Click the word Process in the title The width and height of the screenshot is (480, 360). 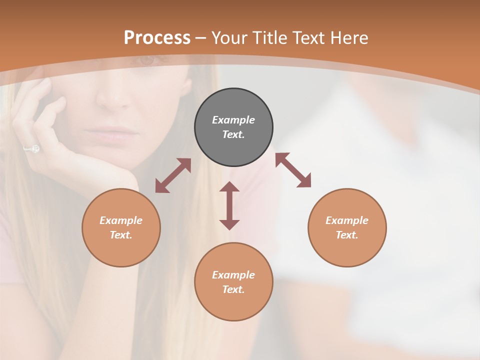(x=157, y=38)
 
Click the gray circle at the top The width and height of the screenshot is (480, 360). (x=233, y=127)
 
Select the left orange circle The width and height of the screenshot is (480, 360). (x=121, y=227)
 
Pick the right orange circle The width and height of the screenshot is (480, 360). (x=347, y=227)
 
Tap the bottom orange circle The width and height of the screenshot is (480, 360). (x=233, y=282)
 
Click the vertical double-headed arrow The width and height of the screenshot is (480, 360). (x=229, y=205)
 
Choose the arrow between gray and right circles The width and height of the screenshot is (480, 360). (x=293, y=170)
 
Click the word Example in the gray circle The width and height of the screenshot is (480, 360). (x=233, y=120)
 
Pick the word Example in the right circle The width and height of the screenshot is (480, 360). (x=347, y=220)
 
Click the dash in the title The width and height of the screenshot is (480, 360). (x=200, y=38)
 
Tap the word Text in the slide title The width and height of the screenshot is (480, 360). (x=308, y=38)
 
